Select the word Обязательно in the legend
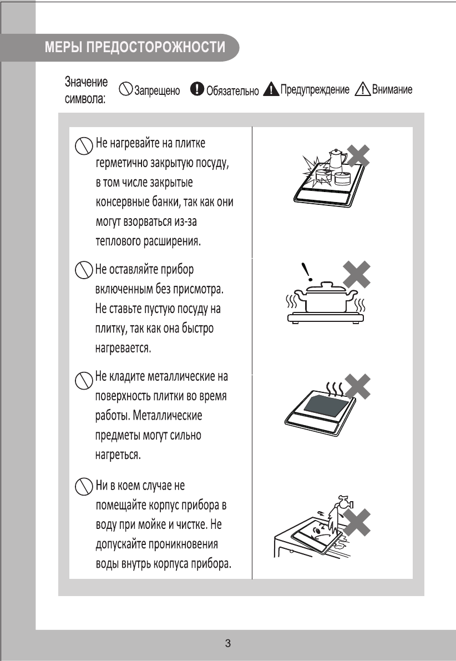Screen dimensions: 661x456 [232, 92]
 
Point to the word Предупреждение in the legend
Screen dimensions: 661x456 [314, 90]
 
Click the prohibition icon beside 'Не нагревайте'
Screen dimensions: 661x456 [83, 146]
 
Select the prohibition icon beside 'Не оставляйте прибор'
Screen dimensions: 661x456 [83, 271]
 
